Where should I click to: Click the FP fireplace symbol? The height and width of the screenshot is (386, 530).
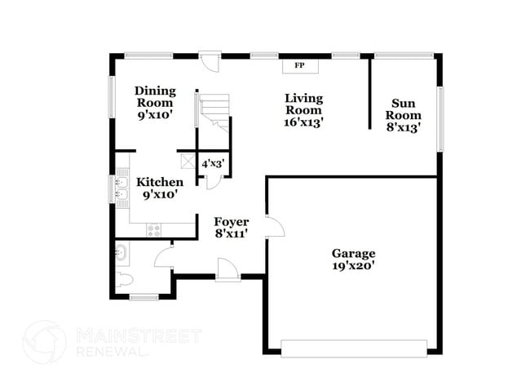[299, 64]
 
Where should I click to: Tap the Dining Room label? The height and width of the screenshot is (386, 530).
[154, 97]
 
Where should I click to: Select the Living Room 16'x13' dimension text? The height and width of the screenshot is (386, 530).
[303, 122]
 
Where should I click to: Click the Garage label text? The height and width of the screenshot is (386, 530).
[353, 252]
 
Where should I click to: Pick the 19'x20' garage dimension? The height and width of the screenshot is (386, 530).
[353, 265]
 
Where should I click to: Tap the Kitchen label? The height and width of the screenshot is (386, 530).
[159, 181]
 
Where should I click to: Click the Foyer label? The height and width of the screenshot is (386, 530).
[231, 221]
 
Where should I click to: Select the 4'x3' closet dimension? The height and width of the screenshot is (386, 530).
[212, 163]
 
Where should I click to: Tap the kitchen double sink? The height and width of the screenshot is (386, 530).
[122, 189]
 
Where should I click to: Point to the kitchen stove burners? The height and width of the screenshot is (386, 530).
[154, 230]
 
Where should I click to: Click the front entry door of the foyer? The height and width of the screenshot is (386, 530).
[227, 269]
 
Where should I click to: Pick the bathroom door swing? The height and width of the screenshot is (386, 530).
[164, 258]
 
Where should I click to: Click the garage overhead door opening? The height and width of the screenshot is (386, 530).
[353, 346]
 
